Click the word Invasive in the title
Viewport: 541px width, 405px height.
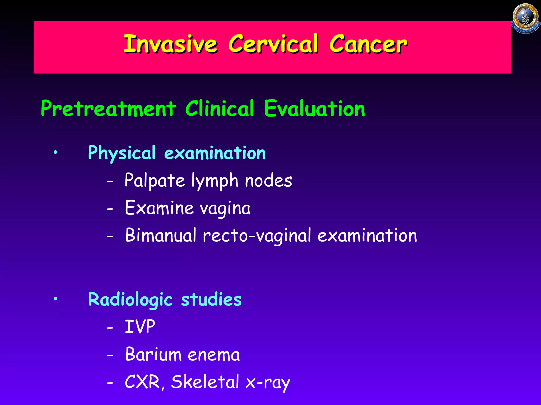pos(170,44)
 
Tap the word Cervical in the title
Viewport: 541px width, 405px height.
pos(273,44)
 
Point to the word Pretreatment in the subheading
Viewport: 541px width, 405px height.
pos(108,109)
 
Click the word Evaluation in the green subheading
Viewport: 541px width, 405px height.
pos(314,109)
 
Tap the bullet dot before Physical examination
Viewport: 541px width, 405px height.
pos(55,152)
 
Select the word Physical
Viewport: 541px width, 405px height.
pos(122,153)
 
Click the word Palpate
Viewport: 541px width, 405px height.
pos(155,181)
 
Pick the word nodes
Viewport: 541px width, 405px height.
pos(268,181)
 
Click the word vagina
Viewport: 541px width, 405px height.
pos(225,208)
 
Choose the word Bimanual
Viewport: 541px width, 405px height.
pos(161,235)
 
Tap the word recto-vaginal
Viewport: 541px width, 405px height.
pos(257,236)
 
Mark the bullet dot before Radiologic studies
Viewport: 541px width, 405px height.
pos(55,299)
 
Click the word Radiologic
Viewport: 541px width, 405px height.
pos(130,300)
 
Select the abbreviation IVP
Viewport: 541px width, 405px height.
pos(140,327)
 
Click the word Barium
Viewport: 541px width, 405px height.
pos(153,354)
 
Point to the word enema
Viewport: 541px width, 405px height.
pos(214,355)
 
